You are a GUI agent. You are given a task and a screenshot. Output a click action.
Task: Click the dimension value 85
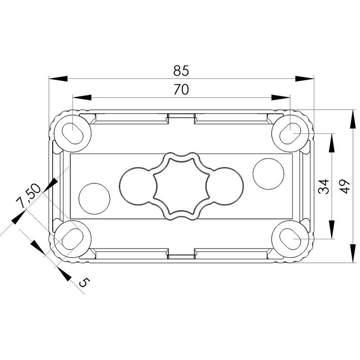click(x=181, y=71)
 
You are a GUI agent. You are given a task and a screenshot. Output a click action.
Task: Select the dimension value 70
click(x=181, y=89)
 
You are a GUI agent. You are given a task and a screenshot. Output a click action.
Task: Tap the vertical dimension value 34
click(x=324, y=187)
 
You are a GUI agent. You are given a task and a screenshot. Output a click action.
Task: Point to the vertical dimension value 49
click(x=345, y=186)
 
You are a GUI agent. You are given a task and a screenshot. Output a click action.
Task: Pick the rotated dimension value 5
click(x=84, y=282)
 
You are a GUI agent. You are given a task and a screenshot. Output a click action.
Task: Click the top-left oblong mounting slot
click(x=72, y=134)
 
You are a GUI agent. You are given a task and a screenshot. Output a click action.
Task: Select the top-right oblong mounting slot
click(x=290, y=134)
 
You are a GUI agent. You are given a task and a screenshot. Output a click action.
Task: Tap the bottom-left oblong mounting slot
click(x=72, y=239)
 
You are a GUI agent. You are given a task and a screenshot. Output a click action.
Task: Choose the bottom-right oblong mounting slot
click(x=290, y=239)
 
